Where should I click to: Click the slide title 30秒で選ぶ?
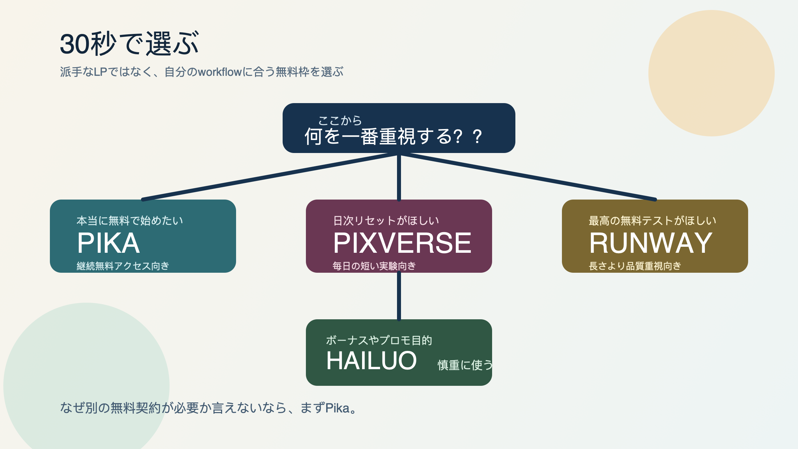tap(129, 44)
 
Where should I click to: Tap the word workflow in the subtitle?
tap(219, 72)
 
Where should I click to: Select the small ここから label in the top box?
tap(340, 120)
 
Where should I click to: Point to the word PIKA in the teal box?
tap(108, 243)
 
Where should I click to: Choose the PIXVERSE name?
tap(402, 243)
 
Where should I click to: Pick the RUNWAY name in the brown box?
tap(650, 243)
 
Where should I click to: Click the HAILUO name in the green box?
tap(371, 361)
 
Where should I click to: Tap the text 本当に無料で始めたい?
tap(130, 221)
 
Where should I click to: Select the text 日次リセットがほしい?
tap(386, 221)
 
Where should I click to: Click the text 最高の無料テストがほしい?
tap(652, 221)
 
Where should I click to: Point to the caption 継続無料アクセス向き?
tap(123, 266)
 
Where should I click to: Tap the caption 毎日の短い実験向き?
tap(374, 266)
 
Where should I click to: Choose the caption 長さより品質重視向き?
tap(635, 266)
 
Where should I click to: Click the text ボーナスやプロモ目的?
tap(379, 340)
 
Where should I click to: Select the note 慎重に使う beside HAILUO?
tap(465, 365)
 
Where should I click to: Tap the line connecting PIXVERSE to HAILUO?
tap(399, 296)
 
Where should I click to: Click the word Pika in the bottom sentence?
tap(337, 408)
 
